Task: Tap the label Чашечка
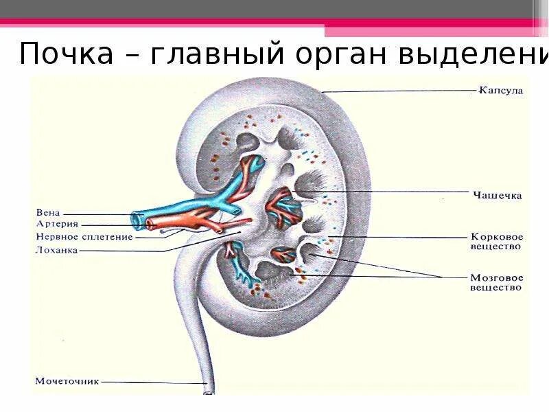point(497,195)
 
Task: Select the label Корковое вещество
point(497,240)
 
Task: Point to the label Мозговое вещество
point(497,283)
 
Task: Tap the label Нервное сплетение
point(75,236)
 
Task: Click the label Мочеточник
point(67,380)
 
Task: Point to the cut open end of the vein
point(139,220)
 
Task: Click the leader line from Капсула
point(398,91)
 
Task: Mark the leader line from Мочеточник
point(151,382)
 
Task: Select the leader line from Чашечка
point(384,192)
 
